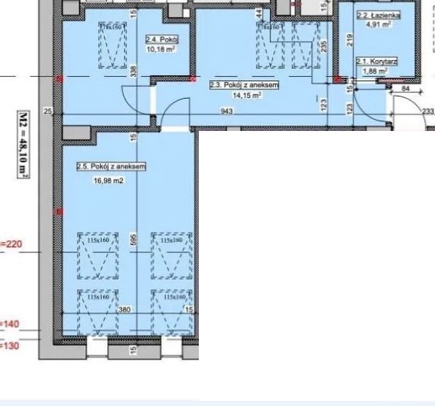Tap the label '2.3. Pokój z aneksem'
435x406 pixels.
point(235,85)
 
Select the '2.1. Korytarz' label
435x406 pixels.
point(377,62)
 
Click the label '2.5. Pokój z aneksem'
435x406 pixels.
point(111,167)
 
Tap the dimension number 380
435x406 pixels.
point(124,309)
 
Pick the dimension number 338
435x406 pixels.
point(133,70)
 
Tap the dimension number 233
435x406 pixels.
point(428,110)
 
